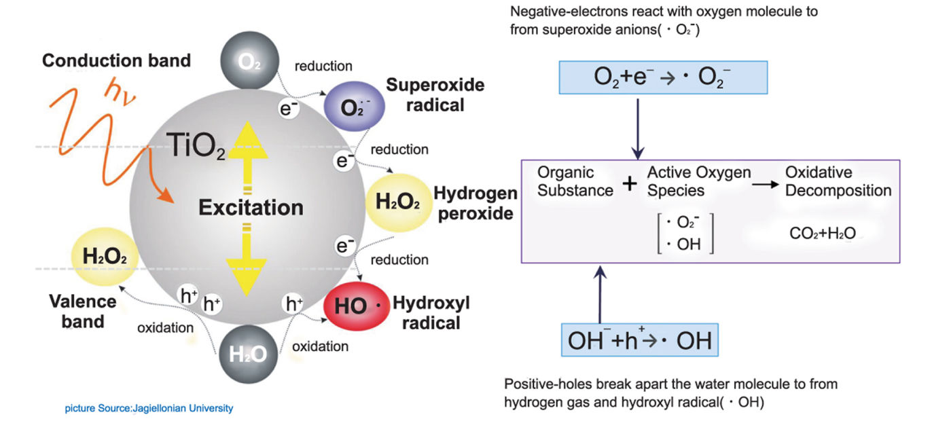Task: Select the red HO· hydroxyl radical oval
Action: click(358, 306)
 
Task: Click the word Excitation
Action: click(251, 207)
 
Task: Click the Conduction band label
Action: click(116, 60)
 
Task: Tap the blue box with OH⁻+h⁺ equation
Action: click(639, 340)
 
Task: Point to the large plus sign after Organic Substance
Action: click(630, 182)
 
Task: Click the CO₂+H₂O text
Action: click(821, 234)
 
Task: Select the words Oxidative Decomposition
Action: click(838, 181)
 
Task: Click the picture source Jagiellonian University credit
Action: click(149, 408)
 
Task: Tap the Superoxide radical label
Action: click(435, 95)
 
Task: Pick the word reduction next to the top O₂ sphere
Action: click(323, 67)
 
